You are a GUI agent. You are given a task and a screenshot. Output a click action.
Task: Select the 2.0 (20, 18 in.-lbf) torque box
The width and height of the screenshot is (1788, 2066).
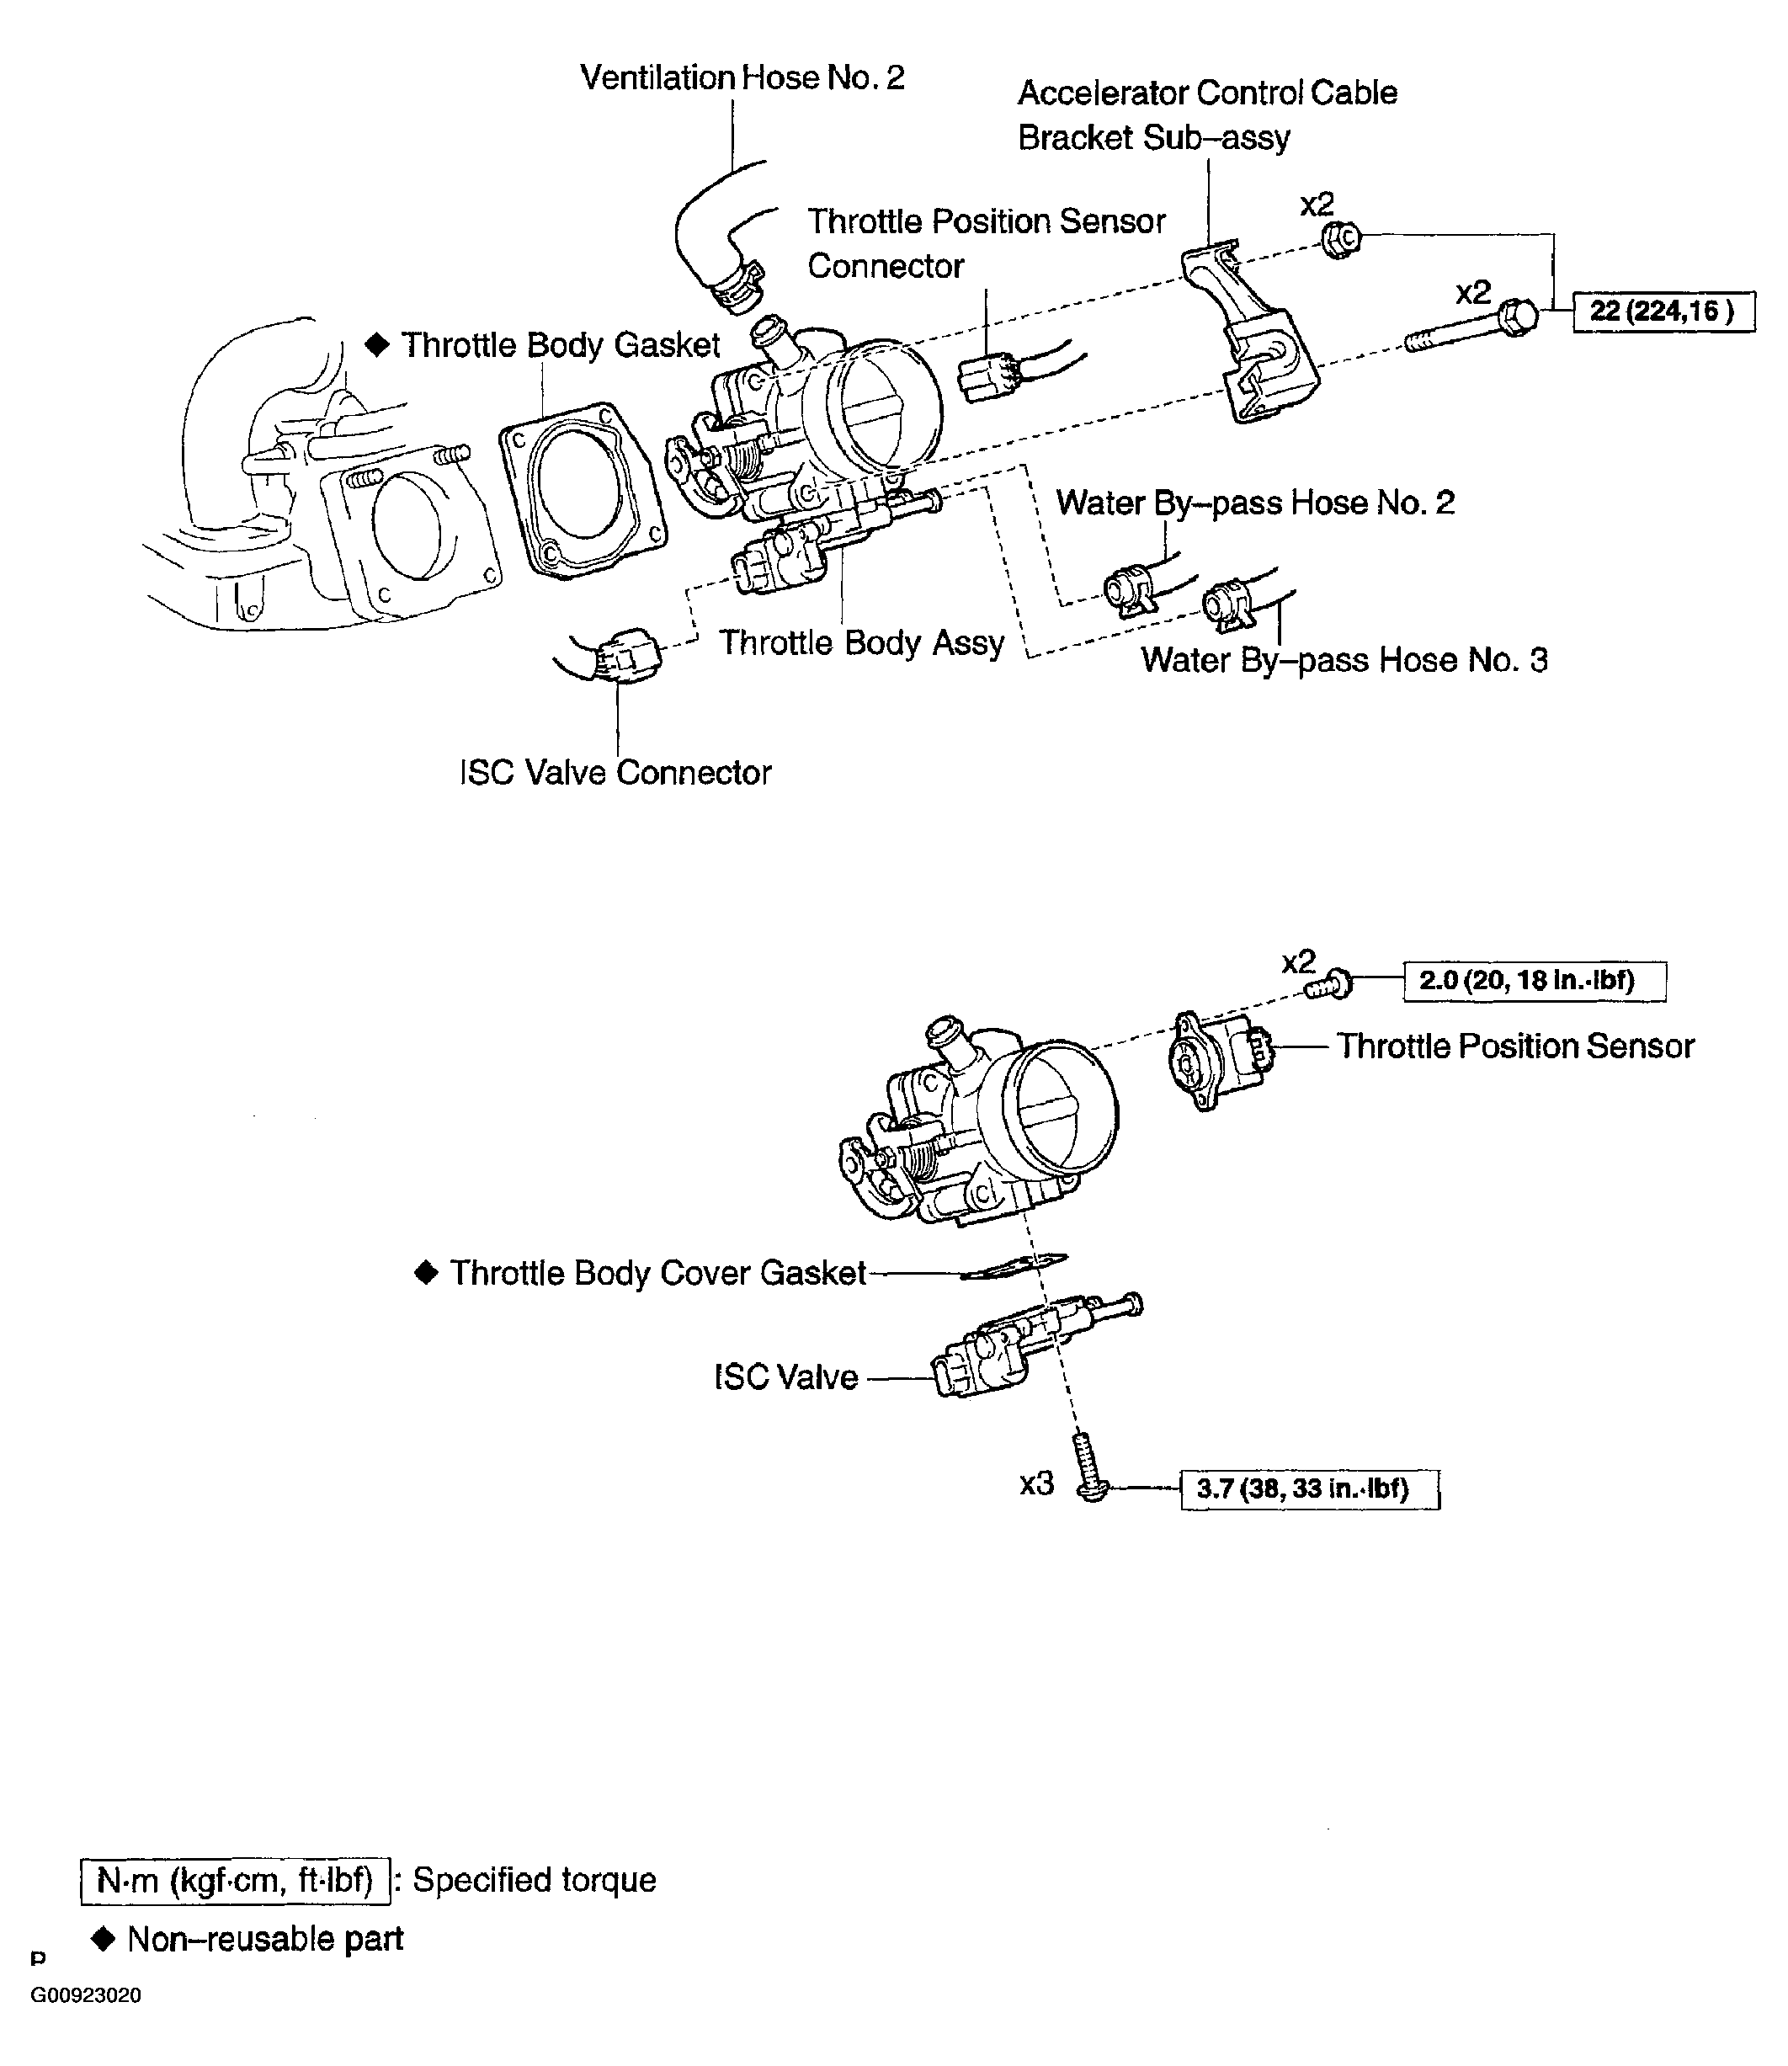pos(1534,980)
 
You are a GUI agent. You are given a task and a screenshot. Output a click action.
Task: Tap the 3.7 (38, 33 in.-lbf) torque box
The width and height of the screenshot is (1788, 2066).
pos(1309,1489)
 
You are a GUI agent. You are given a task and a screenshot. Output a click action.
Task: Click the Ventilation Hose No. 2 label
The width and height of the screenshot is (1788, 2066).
pos(742,77)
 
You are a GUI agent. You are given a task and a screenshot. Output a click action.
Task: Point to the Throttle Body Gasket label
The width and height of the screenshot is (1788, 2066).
pos(559,344)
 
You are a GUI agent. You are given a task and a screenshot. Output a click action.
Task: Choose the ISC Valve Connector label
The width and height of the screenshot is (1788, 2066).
pos(615,773)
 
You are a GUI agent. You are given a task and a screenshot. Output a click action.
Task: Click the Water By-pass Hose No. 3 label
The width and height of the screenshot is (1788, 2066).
pos(1344,660)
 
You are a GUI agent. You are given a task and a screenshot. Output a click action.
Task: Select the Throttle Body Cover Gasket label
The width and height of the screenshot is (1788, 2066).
pos(657,1273)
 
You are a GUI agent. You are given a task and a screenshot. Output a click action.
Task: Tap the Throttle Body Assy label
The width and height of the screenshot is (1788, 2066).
pos(861,642)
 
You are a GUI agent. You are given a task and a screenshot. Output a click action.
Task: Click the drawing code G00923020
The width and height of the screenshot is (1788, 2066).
pos(86,1995)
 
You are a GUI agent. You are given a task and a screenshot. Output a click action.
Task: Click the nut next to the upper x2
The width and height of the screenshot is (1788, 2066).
pos(1341,240)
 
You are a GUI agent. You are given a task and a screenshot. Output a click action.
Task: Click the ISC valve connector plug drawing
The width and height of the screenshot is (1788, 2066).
pos(624,655)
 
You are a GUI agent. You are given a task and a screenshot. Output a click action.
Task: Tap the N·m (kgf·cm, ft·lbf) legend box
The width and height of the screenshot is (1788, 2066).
pos(235,1880)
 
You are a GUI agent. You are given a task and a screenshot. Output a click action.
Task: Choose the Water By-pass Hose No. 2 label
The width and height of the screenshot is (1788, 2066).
pos(1254,502)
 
